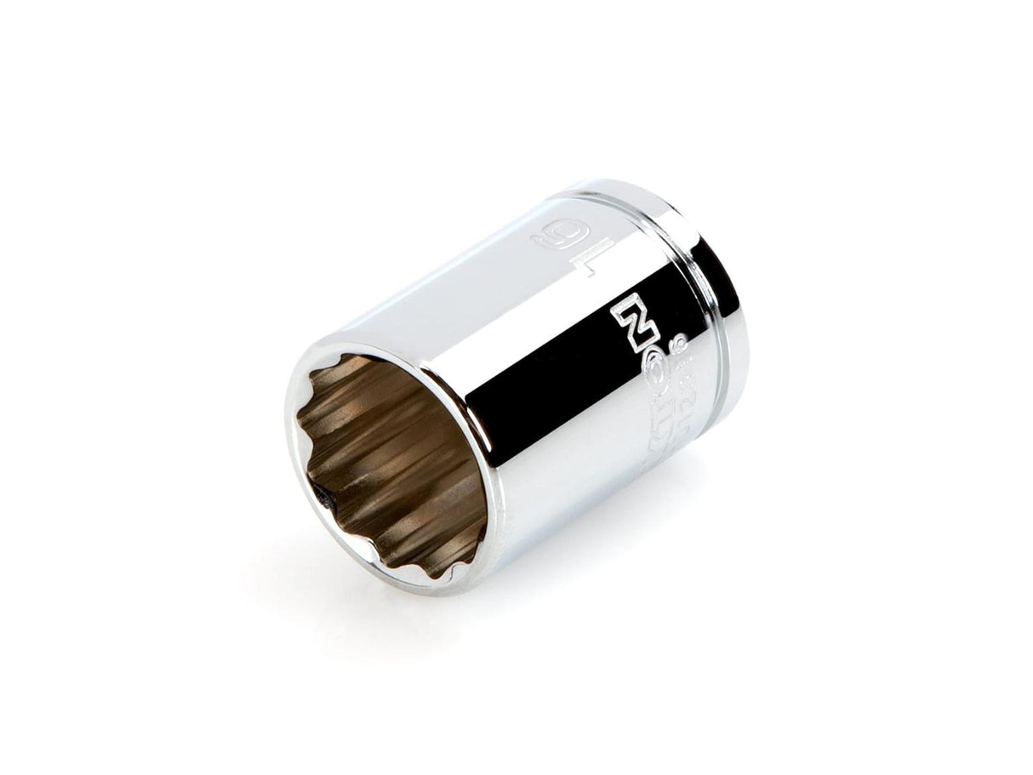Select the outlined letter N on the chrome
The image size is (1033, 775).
coord(629,311)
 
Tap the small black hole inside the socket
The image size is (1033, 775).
coord(322,496)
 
